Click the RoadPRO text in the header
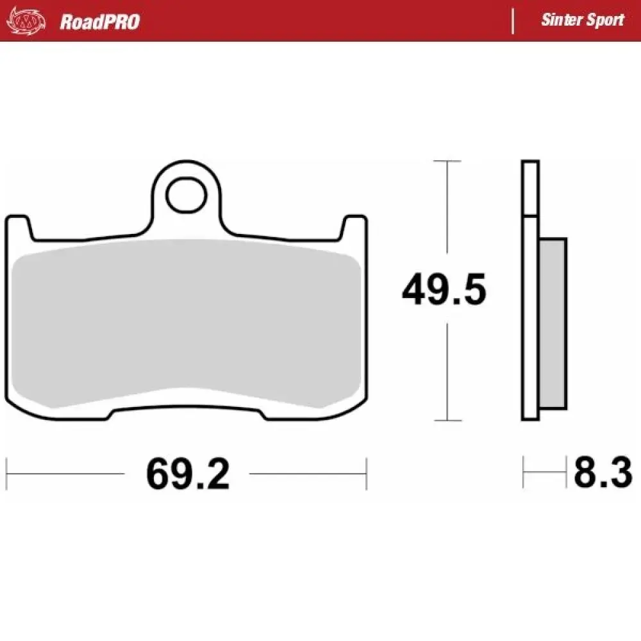point(99,22)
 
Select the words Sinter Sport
point(582,20)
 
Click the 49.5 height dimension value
point(444,290)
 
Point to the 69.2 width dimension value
point(187,474)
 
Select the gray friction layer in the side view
point(553,324)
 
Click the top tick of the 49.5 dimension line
point(446,161)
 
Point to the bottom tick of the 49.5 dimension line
point(446,420)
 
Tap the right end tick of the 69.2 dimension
point(366,474)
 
